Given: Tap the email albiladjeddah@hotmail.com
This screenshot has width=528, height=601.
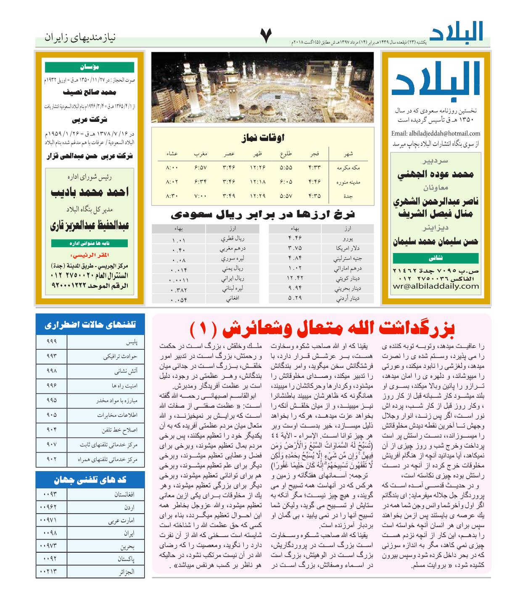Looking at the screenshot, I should (436, 134).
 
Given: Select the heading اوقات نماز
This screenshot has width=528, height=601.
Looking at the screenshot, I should (263, 137).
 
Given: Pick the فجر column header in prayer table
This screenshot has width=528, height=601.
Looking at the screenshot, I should (314, 154).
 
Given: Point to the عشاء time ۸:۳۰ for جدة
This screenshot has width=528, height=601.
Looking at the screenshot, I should (172, 196).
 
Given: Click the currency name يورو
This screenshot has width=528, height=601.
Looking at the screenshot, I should (347, 239).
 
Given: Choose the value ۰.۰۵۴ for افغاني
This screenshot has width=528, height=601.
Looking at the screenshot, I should (179, 300).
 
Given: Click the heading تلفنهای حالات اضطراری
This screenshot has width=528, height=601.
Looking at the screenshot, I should (90, 325).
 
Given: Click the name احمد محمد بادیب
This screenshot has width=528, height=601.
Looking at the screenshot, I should (90, 192).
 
